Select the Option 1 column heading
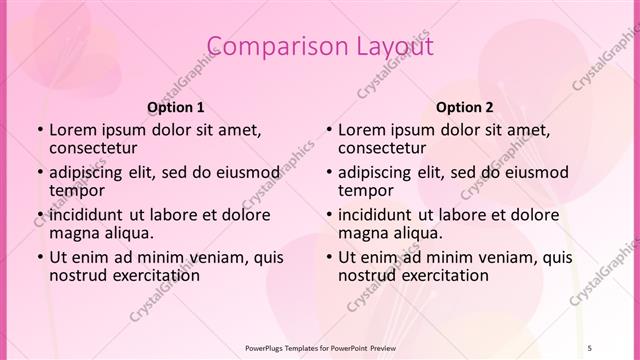(176, 107)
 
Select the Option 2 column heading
(465, 107)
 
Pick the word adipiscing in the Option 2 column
(376, 171)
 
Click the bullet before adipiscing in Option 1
(39, 172)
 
